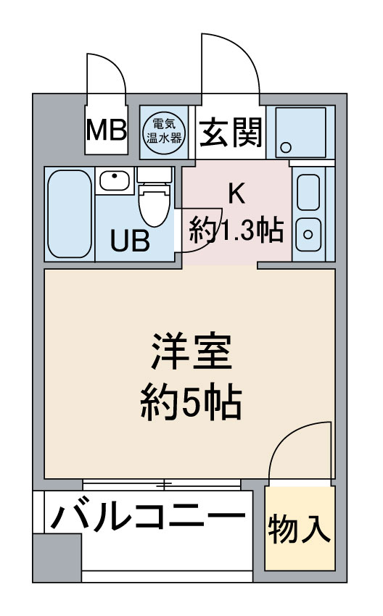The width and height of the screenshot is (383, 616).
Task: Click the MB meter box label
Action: pos(107,130)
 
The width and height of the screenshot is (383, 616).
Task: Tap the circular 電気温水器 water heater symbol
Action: pos(164,132)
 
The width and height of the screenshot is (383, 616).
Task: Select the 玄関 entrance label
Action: pos(231,133)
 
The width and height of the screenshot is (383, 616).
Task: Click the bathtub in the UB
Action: pos(70,214)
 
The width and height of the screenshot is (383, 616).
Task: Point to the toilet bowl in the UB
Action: pos(155,204)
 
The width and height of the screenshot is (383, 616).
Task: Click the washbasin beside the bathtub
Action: pos(115,180)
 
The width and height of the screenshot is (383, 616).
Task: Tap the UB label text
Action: pos(130,241)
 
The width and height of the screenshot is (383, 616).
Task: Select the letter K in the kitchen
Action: pos(237,193)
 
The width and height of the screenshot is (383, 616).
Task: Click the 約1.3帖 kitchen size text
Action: pos(236,230)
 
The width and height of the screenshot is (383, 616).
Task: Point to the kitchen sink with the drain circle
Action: pos(309,235)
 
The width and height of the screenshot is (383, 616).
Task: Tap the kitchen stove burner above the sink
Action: pos(309,192)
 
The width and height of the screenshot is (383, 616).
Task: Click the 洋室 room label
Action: pos(191,351)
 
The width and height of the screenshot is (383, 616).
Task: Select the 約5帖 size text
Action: pos(191,401)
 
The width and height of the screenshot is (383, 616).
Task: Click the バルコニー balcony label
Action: pos(148,517)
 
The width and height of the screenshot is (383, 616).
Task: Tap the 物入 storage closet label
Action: pos(300,529)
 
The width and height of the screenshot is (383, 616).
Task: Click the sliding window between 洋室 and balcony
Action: pos(162,484)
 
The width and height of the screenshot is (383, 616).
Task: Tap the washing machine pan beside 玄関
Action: pos(301,133)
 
